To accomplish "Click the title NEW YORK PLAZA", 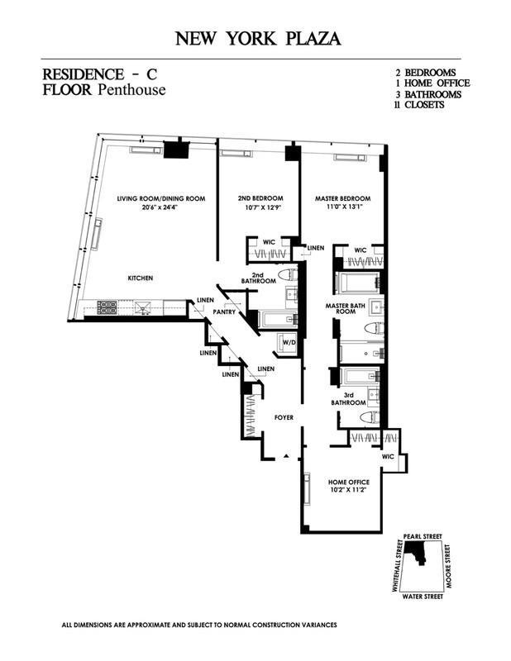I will pos(256,39).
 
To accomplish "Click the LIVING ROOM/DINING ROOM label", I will pos(160,199).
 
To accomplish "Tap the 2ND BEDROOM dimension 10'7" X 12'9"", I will pos(260,210).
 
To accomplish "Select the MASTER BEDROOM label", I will pos(342,199).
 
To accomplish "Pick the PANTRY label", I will pos(223,312).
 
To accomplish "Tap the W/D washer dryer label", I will pos(289,340).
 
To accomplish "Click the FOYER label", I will pos(285,418).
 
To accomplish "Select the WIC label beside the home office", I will pos(387,455).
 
